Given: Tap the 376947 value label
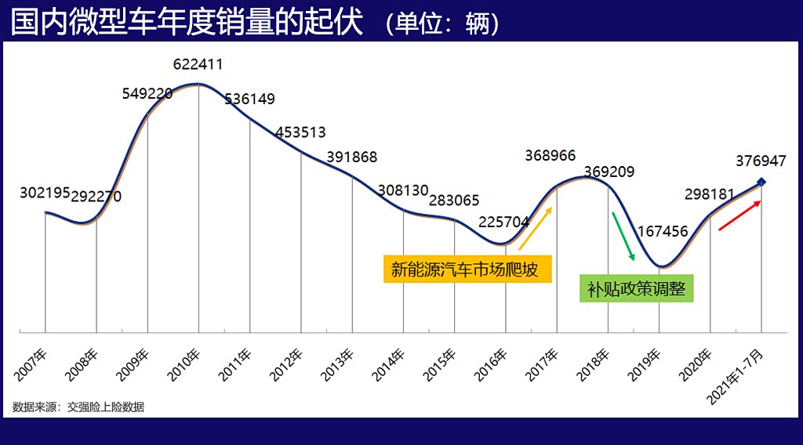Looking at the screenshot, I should tap(761, 161).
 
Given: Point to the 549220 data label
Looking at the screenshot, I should tap(147, 93).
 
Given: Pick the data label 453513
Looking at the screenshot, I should tap(300, 132).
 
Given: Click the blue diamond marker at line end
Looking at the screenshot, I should tap(761, 183).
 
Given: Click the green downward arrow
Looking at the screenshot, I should tap(623, 236).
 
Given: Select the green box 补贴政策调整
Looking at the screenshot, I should tap(637, 288).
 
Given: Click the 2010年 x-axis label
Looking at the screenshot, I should tap(187, 365).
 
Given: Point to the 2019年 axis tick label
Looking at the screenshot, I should tap(647, 365).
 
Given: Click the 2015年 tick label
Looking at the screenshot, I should tap(442, 365).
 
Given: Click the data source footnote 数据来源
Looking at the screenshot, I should tap(78, 407).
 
